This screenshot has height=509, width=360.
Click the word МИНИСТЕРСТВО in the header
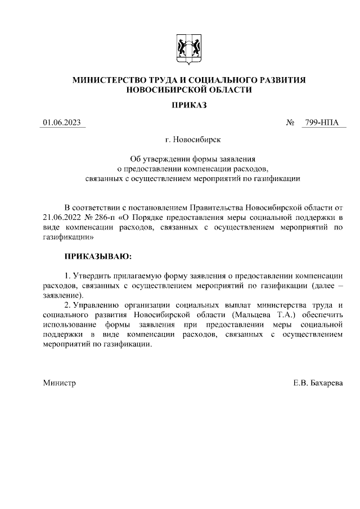pyautogui.click(x=110, y=80)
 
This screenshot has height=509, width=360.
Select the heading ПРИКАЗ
pyautogui.click(x=189, y=105)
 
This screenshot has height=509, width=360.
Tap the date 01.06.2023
pyautogui.click(x=62, y=123)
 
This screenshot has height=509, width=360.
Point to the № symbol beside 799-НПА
pyautogui.click(x=291, y=123)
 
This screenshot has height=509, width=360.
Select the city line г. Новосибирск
pyautogui.click(x=189, y=138)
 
